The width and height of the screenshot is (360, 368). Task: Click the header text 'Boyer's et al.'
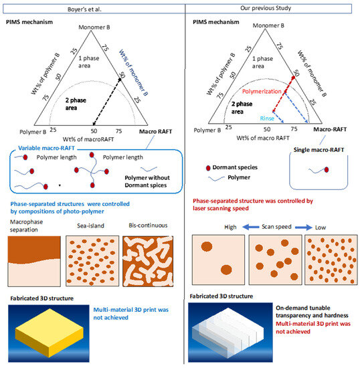click(x=90, y=8)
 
